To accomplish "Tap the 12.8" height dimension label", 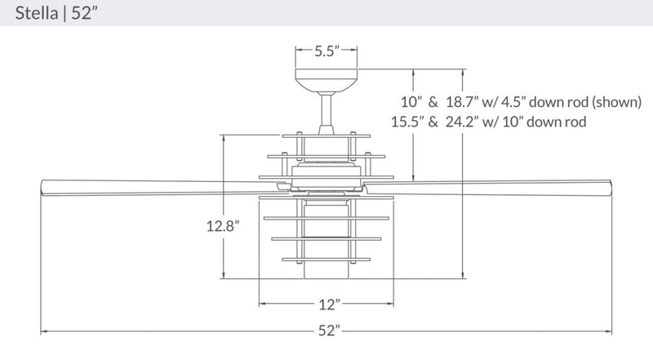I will [221, 228].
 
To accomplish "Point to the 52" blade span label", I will [328, 331].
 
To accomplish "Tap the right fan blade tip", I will [613, 185].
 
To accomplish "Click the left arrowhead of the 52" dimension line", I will [44, 331].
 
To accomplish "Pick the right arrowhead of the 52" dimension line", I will [611, 331].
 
